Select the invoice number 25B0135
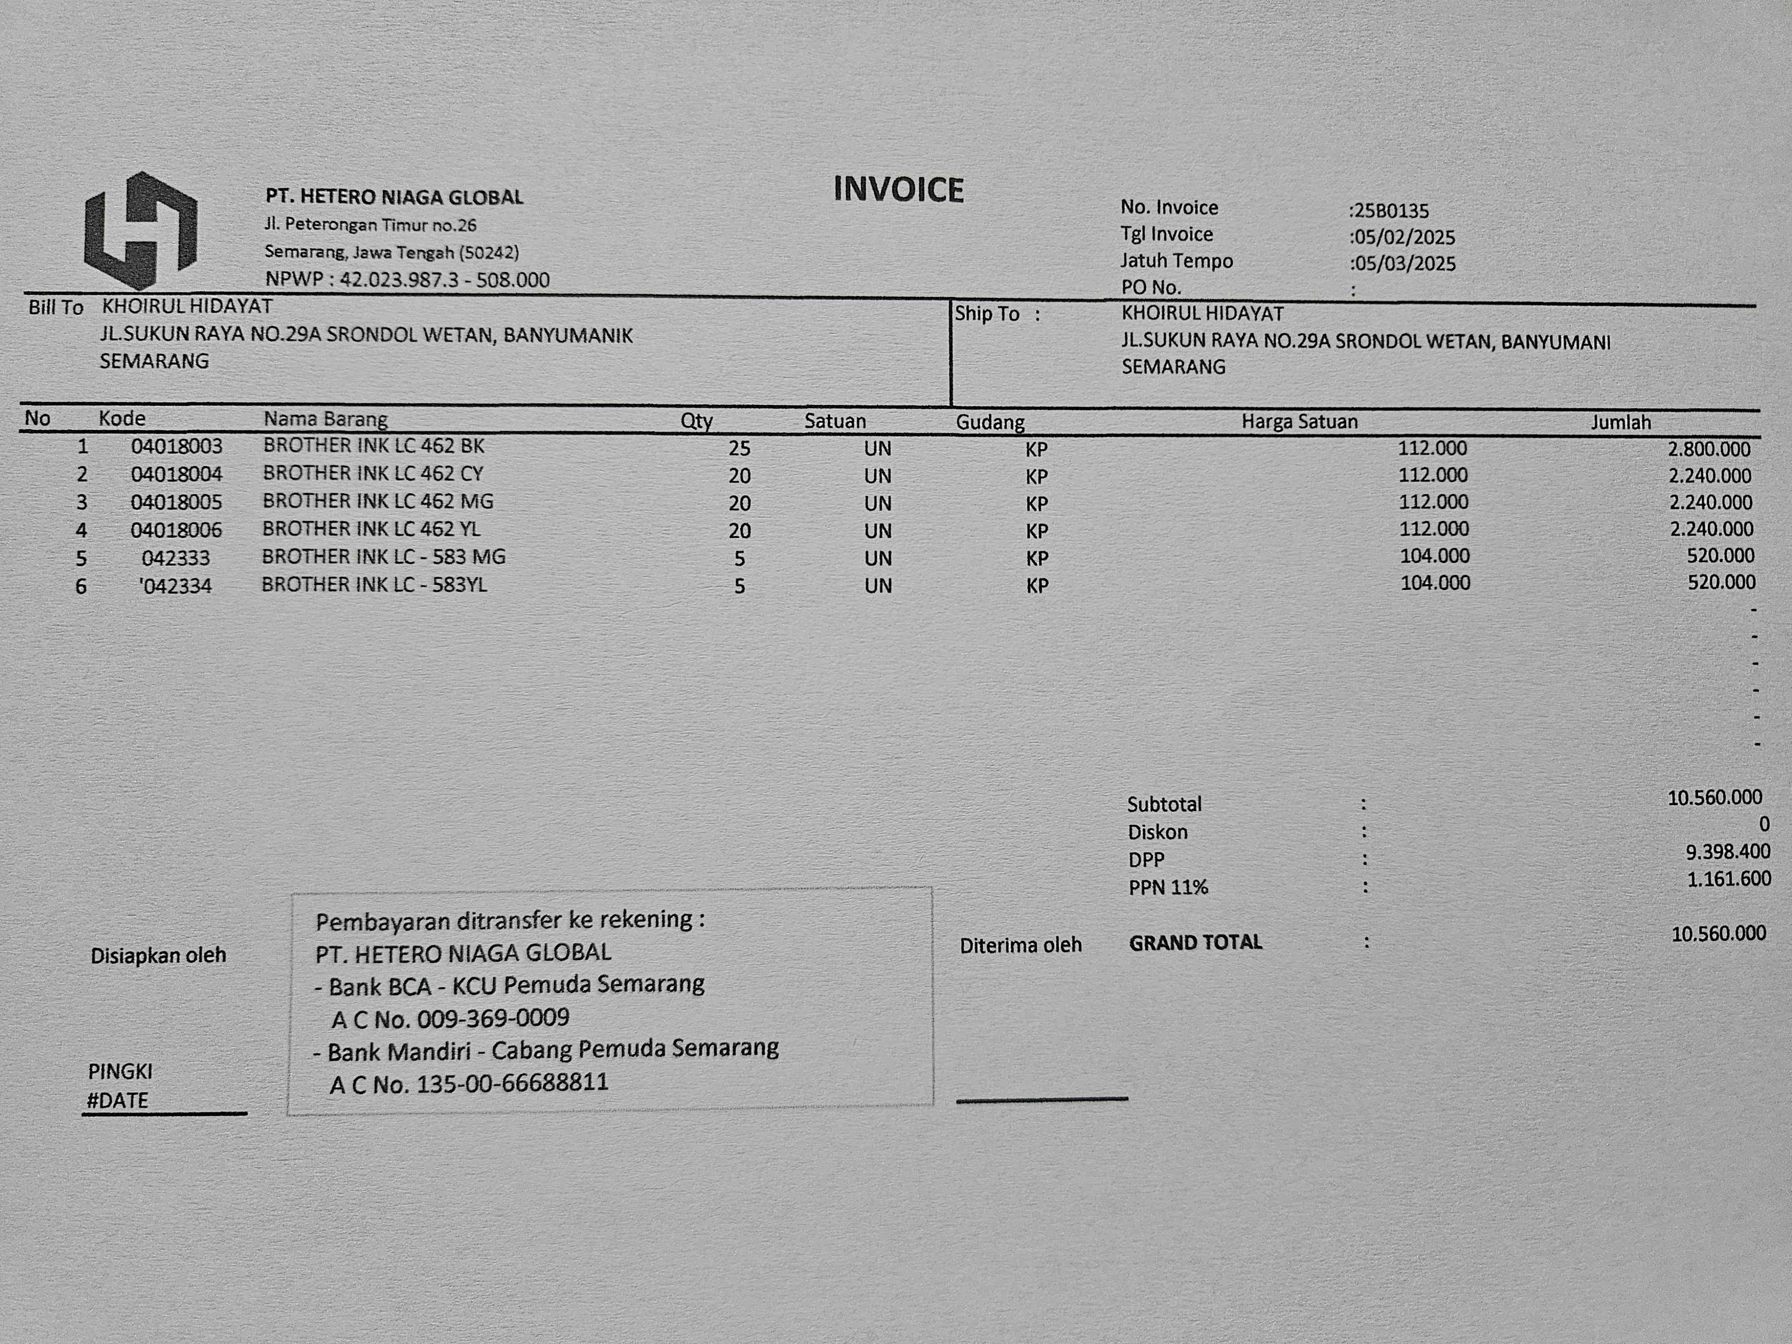coord(1390,211)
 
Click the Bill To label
coord(56,308)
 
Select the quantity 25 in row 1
coord(739,448)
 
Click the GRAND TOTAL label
coord(1196,943)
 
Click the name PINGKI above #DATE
coord(120,1072)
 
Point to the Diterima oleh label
coord(1021,945)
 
